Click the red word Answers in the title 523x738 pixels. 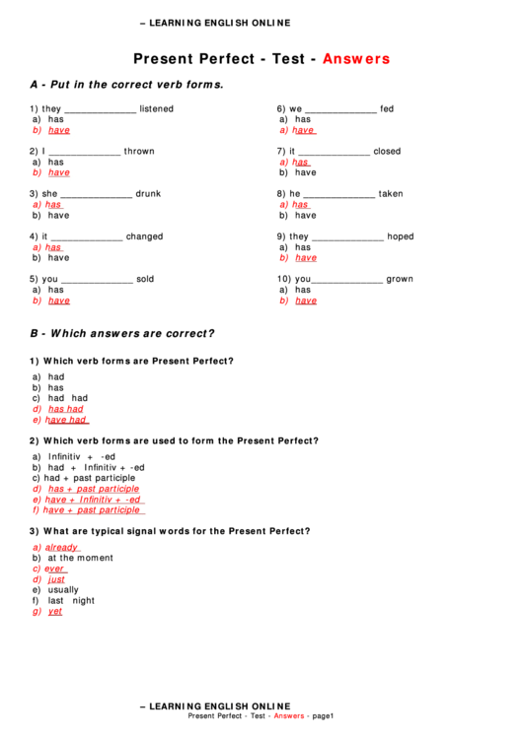[356, 59]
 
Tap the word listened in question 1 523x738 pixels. [156, 109]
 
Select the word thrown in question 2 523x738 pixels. [139, 152]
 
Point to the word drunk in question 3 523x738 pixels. [148, 194]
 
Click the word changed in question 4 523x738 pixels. [144, 236]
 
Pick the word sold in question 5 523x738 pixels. [145, 279]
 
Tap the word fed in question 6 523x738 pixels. [386, 109]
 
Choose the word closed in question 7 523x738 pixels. [387, 152]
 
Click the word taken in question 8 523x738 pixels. [391, 194]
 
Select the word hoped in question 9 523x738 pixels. [400, 236]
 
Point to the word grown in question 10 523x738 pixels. [400, 279]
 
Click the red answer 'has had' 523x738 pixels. [66, 409]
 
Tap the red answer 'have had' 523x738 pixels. [66, 420]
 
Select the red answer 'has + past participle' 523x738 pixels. [94, 489]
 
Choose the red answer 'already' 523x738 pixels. [61, 547]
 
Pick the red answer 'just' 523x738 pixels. [56, 579]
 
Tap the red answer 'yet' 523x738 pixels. [54, 612]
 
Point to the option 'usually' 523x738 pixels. [63, 590]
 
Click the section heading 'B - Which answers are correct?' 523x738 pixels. [122, 333]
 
